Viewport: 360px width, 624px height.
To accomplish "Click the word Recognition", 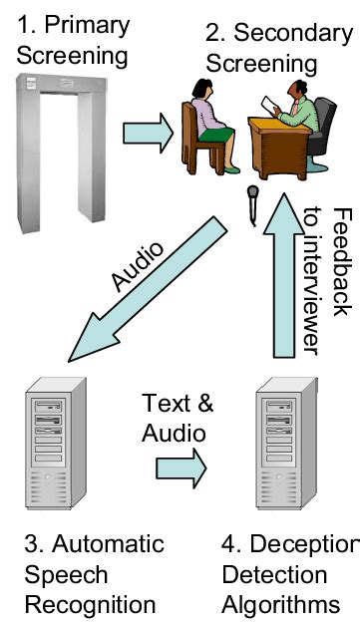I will tap(90, 604).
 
